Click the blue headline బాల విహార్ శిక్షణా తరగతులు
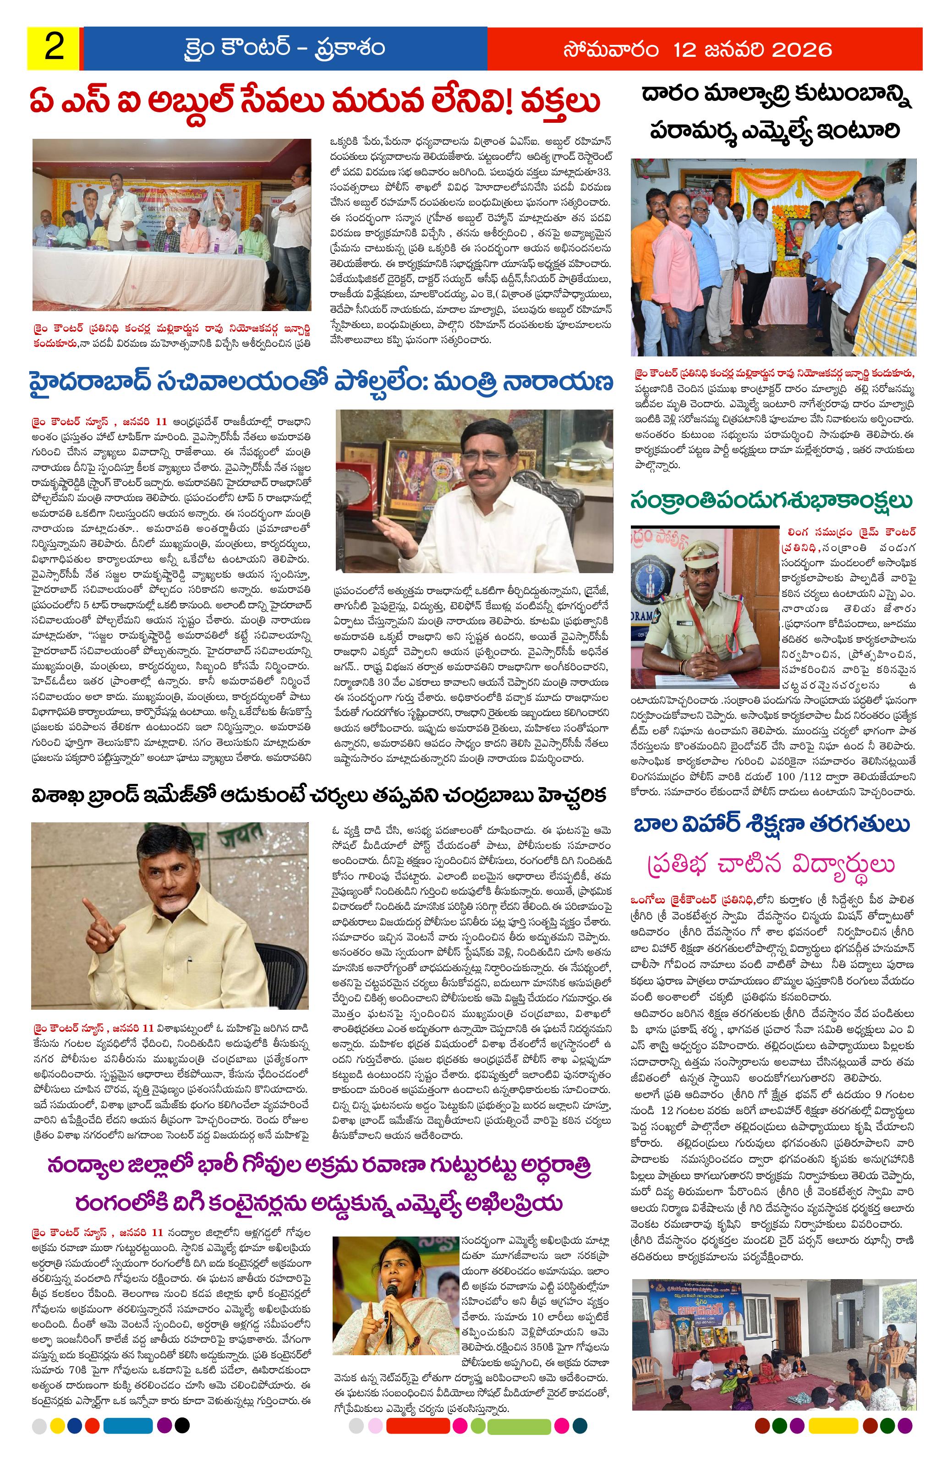[x=773, y=825]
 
